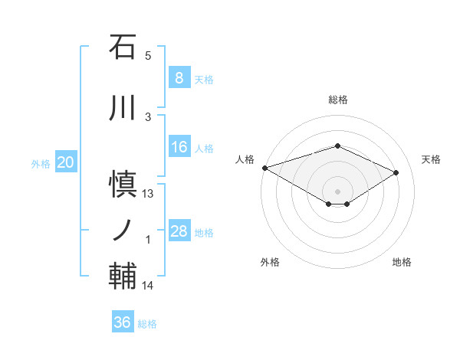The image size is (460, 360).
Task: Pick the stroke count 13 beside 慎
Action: coord(148,194)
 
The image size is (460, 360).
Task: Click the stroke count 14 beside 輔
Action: coord(148,286)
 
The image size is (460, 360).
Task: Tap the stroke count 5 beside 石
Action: coord(148,56)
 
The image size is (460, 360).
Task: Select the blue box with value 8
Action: coord(179,78)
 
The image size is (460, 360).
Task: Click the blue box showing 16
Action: coord(179,147)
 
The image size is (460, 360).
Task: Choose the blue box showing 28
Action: coord(179,231)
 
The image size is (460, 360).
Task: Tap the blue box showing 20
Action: coord(66,162)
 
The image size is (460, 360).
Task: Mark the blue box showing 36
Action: coord(122,322)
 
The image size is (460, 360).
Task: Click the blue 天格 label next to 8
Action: coord(204,79)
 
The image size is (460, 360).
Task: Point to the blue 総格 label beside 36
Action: coord(147,324)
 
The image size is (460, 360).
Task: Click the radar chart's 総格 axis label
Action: coord(337,100)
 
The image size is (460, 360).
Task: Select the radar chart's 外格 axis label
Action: coord(270,262)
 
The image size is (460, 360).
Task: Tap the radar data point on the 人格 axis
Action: coord(264,168)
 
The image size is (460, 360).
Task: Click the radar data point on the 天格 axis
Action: coord(396,172)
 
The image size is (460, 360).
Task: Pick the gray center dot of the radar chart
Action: coord(337,191)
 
